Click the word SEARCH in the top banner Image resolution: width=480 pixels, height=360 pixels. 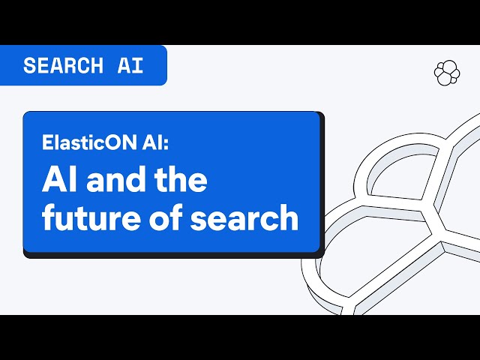(x=63, y=65)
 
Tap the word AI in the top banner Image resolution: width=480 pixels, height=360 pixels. (x=130, y=65)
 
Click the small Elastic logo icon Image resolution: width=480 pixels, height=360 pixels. (x=447, y=73)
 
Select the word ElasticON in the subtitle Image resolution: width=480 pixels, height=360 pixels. (x=90, y=142)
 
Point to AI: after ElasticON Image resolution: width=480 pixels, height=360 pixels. (x=155, y=142)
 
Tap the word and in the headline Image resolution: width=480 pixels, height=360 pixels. (x=116, y=180)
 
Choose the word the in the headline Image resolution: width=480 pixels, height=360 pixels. (x=181, y=180)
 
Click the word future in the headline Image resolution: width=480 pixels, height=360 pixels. (x=91, y=217)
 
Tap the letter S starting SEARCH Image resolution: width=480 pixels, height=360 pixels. (x=30, y=65)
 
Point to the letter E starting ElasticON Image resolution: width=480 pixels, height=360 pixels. (x=47, y=142)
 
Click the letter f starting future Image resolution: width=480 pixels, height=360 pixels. (x=48, y=217)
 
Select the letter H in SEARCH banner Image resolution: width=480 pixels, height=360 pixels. (x=97, y=65)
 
